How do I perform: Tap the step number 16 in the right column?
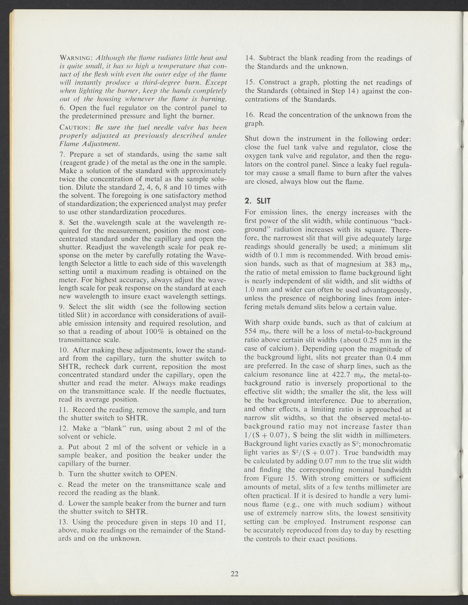(x=249, y=115)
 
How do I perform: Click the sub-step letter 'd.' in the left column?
(x=62, y=503)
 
